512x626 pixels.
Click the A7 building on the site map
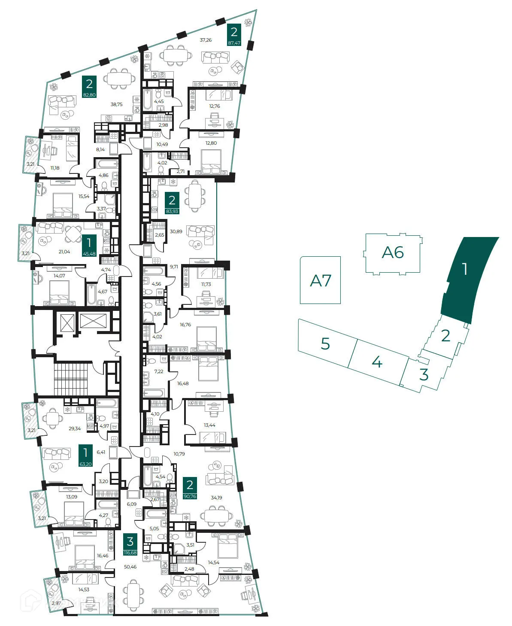point(320,280)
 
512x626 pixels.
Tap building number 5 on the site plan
point(326,343)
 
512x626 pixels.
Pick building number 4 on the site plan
point(377,362)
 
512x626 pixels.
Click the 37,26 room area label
point(206,40)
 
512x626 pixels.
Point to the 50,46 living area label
point(130,567)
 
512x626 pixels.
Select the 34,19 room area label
point(216,498)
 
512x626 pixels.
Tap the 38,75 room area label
point(116,104)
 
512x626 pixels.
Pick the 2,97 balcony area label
point(56,603)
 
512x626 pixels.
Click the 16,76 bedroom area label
point(185,325)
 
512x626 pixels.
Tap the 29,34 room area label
point(75,428)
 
